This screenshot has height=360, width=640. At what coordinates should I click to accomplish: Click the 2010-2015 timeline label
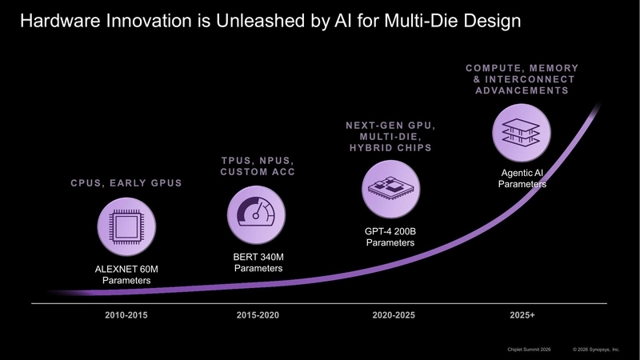[126, 315]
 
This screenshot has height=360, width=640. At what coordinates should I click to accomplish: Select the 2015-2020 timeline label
[258, 315]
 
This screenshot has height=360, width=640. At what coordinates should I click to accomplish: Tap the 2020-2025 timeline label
[394, 315]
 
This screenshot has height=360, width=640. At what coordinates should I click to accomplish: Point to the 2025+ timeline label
[522, 315]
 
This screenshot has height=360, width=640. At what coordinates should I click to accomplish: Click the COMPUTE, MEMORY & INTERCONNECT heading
[522, 79]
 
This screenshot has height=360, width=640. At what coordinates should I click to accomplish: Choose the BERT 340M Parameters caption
[258, 262]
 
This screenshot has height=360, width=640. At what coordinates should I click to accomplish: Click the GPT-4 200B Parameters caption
[390, 237]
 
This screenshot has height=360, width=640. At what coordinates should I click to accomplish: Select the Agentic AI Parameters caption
[522, 178]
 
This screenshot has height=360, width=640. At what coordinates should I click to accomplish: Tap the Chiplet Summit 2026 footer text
[530, 350]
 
